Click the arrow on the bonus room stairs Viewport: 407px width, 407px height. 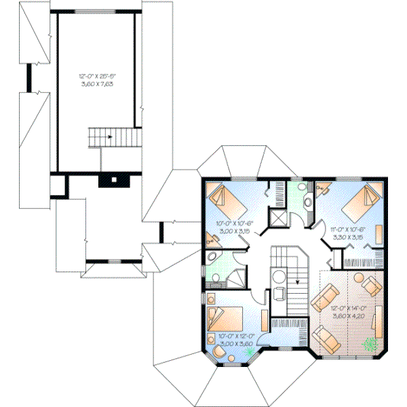(109, 136)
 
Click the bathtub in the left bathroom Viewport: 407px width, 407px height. (213, 259)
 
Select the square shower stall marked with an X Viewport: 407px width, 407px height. (278, 218)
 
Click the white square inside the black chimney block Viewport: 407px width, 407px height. (114, 180)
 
